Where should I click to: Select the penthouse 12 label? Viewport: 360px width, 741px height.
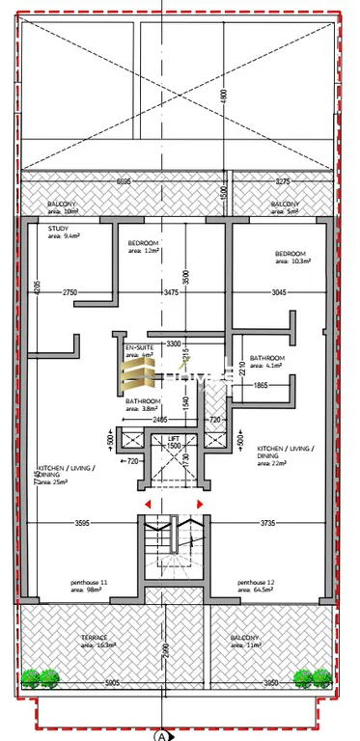coord(262,584)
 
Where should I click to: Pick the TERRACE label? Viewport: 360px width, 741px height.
coord(95,638)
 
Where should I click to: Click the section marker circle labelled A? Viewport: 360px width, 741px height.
coord(160,734)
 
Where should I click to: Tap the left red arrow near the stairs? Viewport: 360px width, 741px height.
coord(147,504)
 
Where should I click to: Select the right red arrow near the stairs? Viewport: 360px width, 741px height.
coord(200,504)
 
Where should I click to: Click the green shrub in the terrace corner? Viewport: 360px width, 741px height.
coord(41,678)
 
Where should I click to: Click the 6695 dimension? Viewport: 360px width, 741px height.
coord(124,180)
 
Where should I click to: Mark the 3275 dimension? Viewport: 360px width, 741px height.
coord(282,180)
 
